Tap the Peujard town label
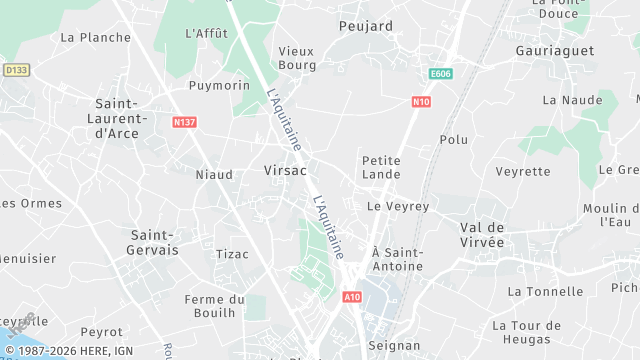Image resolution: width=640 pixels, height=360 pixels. (365, 26)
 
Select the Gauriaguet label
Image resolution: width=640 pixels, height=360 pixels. (554, 50)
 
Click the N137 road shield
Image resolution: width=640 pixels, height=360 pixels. (183, 122)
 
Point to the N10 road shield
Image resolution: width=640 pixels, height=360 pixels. (421, 101)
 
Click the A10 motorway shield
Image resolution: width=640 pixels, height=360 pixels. (351, 297)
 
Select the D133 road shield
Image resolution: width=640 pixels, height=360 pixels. (15, 70)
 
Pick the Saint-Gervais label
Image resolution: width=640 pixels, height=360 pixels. (154, 241)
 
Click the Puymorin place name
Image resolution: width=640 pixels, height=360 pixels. (219, 85)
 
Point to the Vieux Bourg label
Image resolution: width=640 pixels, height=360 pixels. (296, 58)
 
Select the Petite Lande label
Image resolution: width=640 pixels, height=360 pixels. (381, 166)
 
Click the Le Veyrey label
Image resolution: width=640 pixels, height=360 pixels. (398, 206)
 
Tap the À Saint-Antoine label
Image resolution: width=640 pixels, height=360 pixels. (397, 259)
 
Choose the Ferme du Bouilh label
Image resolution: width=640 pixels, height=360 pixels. (215, 306)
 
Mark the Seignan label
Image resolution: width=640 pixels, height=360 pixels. (394, 345)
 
